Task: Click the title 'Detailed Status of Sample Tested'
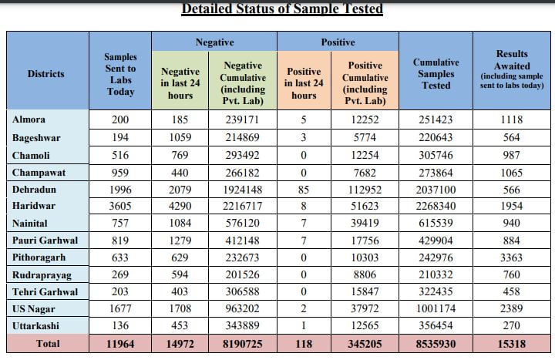282,8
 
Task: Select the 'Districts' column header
46,74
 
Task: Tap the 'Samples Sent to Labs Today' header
120,74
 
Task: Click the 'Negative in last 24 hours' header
180,83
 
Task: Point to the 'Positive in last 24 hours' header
304,83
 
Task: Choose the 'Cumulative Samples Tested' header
436,74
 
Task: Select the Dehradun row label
34,190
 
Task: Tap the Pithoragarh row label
39,257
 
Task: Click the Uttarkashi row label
35,325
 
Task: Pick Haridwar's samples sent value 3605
120,206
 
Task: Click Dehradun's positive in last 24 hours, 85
304,190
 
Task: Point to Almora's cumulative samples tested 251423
436,119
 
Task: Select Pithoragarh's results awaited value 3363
512,257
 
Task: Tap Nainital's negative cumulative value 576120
243,223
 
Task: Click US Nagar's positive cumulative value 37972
365,308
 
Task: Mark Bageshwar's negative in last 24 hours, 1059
180,137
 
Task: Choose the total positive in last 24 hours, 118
304,344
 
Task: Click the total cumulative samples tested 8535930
436,344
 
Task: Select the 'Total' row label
48,343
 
